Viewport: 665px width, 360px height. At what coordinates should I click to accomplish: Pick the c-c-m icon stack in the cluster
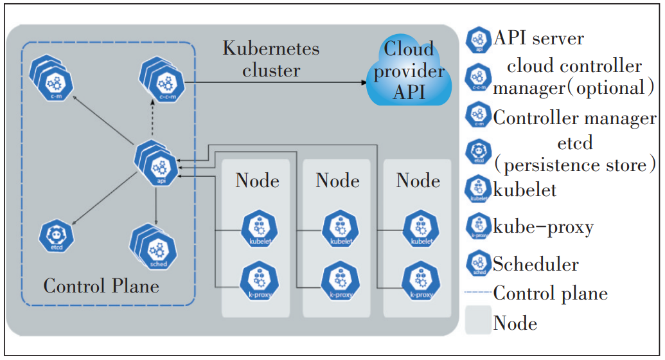click(163, 80)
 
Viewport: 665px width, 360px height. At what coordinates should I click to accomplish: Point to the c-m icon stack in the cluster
click(53, 80)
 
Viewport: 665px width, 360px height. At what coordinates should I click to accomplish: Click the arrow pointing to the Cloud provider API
click(276, 82)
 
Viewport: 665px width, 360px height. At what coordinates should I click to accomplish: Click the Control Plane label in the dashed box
click(101, 285)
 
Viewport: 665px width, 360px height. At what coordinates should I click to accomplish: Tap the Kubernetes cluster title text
click(271, 59)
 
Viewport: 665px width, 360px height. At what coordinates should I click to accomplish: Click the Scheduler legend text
click(536, 264)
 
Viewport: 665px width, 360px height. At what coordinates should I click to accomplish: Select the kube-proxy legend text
click(543, 226)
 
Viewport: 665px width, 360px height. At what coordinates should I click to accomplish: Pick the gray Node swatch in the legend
click(478, 321)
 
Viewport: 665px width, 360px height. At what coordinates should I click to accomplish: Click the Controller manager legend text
click(574, 118)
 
